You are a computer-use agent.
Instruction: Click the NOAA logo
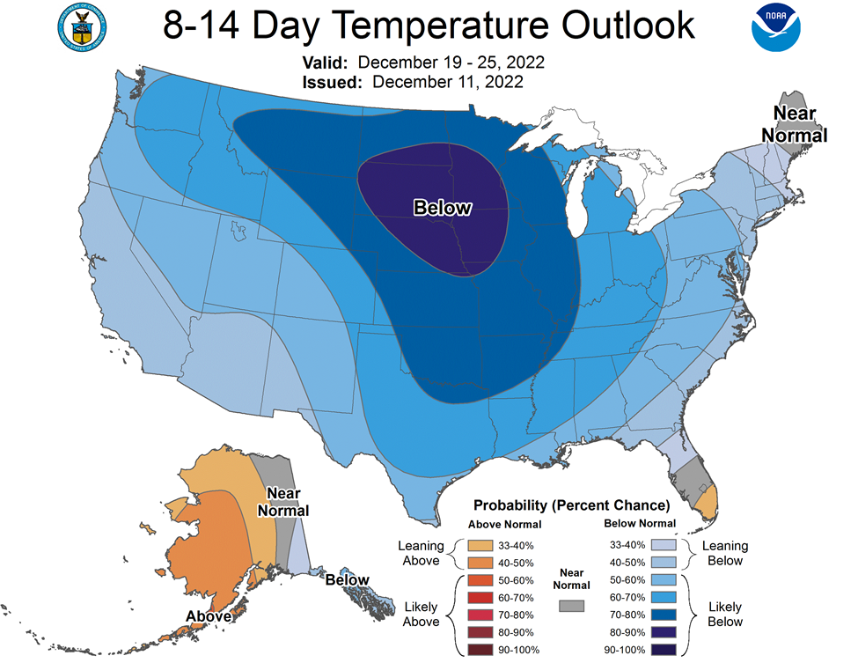click(776, 27)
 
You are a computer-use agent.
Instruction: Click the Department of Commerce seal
click(82, 28)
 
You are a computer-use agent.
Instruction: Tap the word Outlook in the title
click(628, 26)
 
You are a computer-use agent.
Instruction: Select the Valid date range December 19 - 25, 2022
click(451, 63)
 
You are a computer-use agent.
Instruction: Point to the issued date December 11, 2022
click(448, 82)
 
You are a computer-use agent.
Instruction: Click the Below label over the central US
click(442, 208)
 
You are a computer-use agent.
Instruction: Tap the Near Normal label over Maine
click(795, 124)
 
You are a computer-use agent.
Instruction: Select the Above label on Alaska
click(209, 616)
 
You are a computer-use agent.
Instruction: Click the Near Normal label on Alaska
click(283, 502)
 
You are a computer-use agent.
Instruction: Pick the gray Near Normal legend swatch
click(571, 606)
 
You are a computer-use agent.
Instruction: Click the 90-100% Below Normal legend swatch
click(664, 650)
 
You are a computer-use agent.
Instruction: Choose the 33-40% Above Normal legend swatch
click(480, 546)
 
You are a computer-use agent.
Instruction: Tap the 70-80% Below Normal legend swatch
click(664, 615)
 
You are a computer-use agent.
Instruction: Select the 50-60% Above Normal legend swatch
click(480, 580)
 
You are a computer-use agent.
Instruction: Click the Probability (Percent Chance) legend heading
click(571, 505)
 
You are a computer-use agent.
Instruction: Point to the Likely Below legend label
click(725, 615)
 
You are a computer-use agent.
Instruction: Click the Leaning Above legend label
click(421, 553)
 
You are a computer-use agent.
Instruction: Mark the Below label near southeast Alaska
click(347, 579)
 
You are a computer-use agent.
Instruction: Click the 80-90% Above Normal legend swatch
click(480, 632)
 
